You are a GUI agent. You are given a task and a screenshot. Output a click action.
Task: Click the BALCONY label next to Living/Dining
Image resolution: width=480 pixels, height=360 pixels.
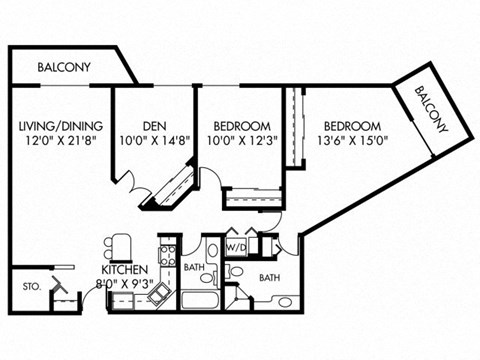point(64,68)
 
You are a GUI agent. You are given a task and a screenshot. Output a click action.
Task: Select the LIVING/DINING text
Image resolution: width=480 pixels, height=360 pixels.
point(58,126)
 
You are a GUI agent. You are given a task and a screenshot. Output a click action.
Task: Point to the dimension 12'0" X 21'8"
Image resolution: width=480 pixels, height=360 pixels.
point(58,141)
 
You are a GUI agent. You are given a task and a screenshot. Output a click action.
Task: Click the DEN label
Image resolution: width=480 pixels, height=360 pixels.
point(153,126)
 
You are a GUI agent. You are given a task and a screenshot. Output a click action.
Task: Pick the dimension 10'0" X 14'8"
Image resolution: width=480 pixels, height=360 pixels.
point(153,141)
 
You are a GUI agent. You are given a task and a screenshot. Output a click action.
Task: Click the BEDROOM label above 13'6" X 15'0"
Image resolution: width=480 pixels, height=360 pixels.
point(351,126)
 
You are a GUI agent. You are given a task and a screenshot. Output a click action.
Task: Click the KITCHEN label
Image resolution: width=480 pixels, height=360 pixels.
point(125,270)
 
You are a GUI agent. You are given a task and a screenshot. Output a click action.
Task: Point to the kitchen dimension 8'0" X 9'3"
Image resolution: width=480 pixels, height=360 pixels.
point(129,285)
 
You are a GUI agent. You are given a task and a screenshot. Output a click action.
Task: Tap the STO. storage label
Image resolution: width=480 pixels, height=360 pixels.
point(30,286)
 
